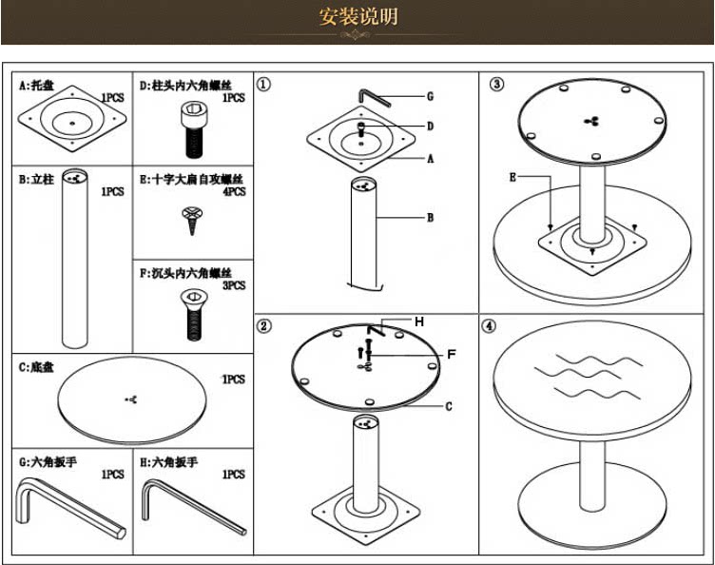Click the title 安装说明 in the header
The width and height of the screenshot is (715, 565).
pos(358,17)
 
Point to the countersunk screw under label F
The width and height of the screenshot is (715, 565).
pos(190,313)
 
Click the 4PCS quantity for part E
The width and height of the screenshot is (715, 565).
pos(233,192)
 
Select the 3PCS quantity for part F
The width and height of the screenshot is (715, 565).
pos(233,285)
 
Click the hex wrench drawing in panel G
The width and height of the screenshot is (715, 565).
pos(67,509)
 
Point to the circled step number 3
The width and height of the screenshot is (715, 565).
pos(496,84)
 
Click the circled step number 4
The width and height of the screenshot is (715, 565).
pos(489,325)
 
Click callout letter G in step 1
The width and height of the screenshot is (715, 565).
pos(430,96)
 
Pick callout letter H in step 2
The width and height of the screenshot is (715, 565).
pos(418,321)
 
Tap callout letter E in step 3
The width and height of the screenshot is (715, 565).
pos(512,177)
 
